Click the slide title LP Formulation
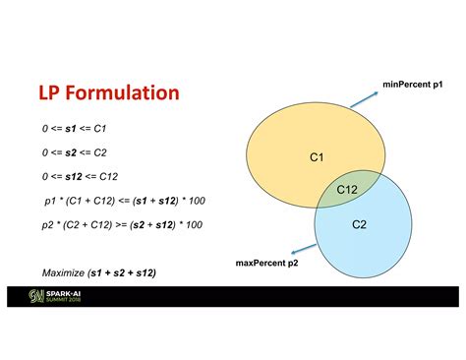(x=108, y=93)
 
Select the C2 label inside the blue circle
(x=360, y=225)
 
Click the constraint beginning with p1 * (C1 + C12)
(x=124, y=201)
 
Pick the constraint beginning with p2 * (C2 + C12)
(x=122, y=224)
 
